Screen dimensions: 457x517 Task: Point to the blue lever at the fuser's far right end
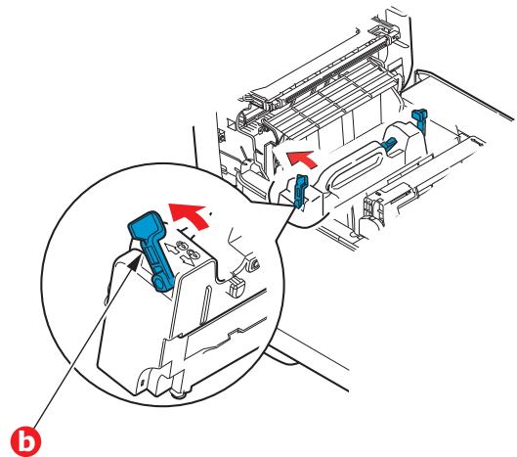tap(421, 120)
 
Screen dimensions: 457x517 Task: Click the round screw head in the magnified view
tap(251, 263)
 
